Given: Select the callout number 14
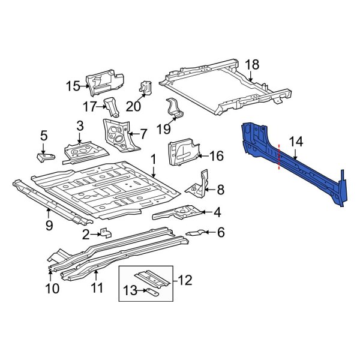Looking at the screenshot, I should point(296,142).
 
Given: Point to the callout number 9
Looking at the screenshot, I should point(49,226).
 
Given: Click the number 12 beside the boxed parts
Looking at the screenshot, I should point(186,279).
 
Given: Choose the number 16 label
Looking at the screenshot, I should point(215,156).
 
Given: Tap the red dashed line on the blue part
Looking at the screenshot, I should point(279,158).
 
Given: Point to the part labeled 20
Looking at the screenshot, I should point(145,88).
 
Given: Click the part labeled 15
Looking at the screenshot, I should point(105,83).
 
